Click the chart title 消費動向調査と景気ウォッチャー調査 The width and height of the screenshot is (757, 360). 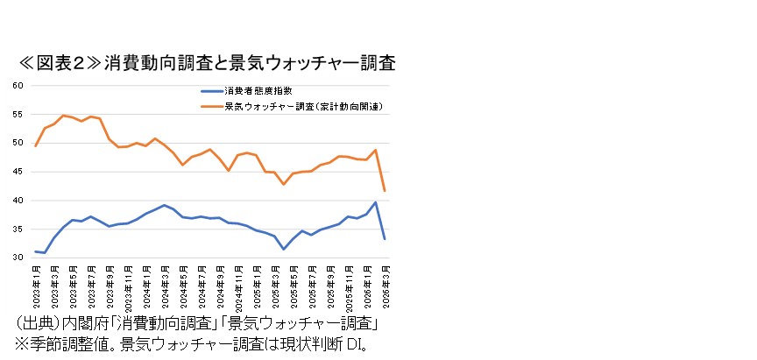[250, 63]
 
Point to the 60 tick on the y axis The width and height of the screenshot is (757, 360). [18, 86]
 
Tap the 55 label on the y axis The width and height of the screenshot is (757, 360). [18, 115]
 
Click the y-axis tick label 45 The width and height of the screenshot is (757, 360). [18, 172]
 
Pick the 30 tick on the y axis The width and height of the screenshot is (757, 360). [18, 258]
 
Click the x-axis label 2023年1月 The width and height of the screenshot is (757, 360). [36, 282]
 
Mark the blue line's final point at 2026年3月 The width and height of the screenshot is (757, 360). [385, 238]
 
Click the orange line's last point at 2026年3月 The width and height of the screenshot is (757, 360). [385, 190]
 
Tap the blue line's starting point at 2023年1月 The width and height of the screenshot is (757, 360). [36, 251]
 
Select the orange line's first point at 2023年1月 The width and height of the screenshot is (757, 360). [36, 145]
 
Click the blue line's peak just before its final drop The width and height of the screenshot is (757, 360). [376, 202]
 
